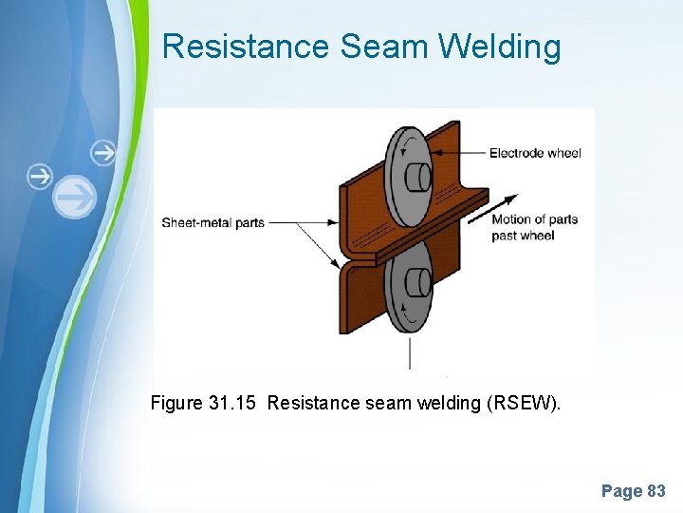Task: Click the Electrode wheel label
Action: (535, 153)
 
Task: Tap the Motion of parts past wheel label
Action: (534, 227)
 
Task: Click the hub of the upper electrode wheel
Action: (417, 178)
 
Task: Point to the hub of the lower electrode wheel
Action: (418, 282)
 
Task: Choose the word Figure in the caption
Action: (175, 403)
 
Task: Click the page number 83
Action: (656, 491)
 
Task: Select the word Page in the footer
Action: (621, 491)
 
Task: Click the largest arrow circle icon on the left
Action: (75, 198)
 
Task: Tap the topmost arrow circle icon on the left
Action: (102, 152)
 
